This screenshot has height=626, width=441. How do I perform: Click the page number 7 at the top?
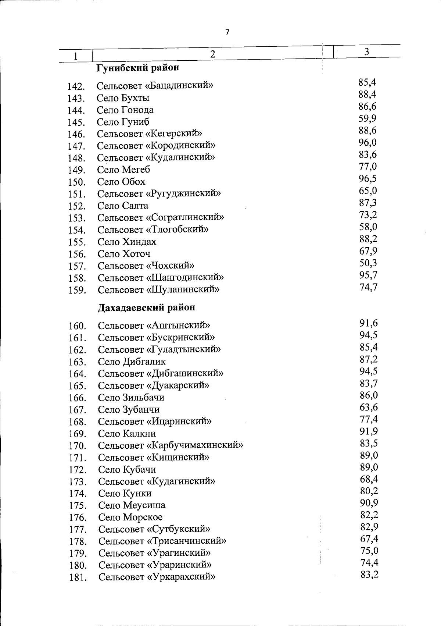point(227,32)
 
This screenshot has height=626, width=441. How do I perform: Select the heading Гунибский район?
point(138,68)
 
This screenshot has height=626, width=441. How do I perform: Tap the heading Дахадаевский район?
point(146,307)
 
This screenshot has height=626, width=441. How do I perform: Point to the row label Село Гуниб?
point(123,122)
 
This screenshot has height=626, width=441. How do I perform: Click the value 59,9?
point(367,118)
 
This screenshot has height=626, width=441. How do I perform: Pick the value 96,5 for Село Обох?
point(368,179)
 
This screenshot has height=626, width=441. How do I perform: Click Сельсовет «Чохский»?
point(146,266)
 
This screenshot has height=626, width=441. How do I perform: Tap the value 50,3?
point(368,263)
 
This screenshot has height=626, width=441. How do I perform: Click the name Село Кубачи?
point(127,469)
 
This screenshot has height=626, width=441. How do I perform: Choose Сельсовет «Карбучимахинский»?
point(171,445)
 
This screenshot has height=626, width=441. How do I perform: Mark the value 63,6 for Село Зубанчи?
point(369,407)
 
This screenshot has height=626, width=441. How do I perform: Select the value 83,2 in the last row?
point(369,574)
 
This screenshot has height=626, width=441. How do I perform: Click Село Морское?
point(130,517)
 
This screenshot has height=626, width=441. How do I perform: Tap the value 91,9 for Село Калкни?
point(369,431)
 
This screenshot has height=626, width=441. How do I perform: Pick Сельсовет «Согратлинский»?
point(161,217)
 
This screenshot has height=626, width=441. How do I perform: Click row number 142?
point(76,86)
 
